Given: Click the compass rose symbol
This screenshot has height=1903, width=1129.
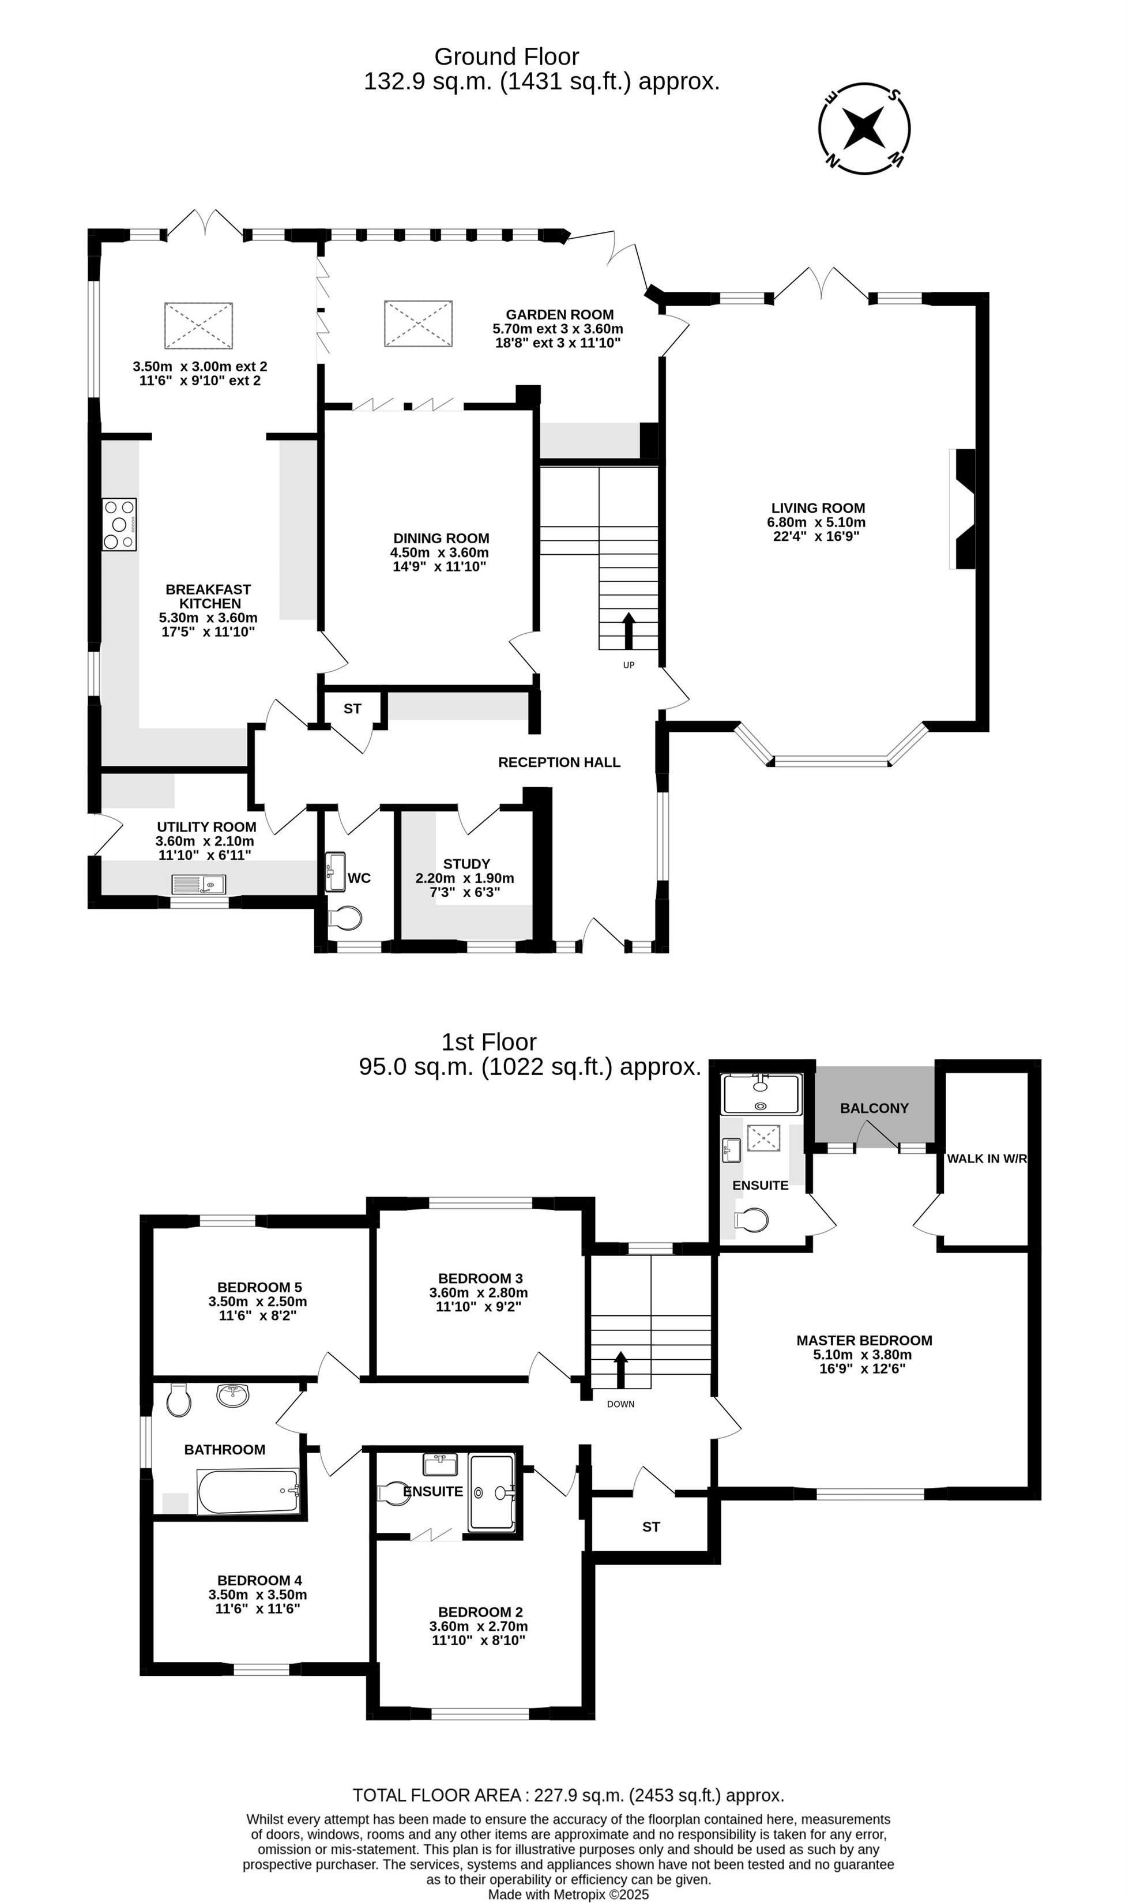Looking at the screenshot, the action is point(864,128).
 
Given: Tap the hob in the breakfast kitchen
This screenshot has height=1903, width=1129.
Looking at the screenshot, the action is point(120,524).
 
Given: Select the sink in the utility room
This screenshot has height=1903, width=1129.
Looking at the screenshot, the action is point(198,884).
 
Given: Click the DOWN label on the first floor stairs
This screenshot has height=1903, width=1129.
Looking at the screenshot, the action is point(621,1404).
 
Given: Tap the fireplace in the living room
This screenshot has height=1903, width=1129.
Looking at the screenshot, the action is point(962,509).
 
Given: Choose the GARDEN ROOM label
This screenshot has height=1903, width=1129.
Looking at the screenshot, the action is point(560,314).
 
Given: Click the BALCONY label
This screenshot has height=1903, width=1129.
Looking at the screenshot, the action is point(874,1108).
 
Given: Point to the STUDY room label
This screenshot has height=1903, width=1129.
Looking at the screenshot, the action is point(466,864).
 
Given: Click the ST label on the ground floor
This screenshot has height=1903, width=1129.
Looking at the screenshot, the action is point(352,709).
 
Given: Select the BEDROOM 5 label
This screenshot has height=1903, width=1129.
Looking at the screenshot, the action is point(259,1288).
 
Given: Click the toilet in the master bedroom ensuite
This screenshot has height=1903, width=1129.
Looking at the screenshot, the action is point(752,1220).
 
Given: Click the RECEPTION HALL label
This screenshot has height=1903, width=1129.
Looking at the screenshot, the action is point(559,762).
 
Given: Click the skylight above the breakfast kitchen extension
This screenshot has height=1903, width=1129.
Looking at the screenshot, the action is point(198,326).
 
